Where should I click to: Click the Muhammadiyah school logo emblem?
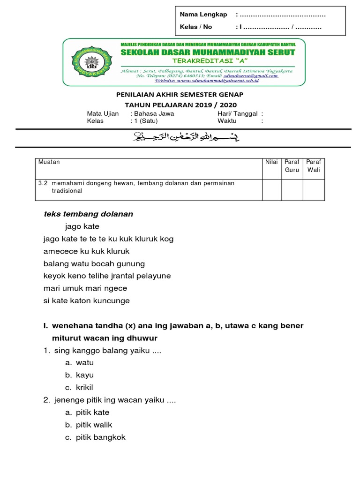pyautogui.click(x=90, y=63)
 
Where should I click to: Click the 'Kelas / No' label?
pyautogui.click(x=196, y=27)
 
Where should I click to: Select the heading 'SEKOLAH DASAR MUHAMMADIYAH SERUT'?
pyautogui.click(x=208, y=52)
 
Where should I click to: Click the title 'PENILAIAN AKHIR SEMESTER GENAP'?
pyautogui.click(x=180, y=95)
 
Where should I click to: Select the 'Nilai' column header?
pyautogui.click(x=271, y=162)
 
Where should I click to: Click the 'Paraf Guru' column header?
pyautogui.click(x=292, y=166)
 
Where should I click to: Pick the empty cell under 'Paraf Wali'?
pyautogui.click(x=314, y=189)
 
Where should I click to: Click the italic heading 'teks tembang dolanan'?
pyautogui.click(x=88, y=214)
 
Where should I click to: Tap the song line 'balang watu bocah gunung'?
pyautogui.click(x=94, y=263)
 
